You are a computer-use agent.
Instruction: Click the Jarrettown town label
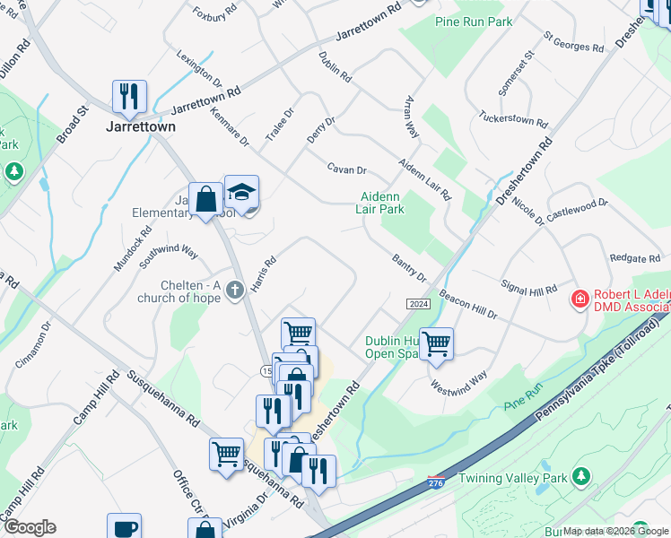coord(142,126)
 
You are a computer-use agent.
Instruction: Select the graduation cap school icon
coord(241,192)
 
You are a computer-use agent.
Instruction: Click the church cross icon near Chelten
coord(235,290)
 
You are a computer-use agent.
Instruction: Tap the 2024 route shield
coord(418,305)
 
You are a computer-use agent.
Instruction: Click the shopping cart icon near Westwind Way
coord(436,343)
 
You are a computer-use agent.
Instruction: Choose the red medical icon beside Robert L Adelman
coord(580,297)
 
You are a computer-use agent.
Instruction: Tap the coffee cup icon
coord(125,527)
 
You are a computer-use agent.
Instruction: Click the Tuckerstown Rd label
coord(512,119)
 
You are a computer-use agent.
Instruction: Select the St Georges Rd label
coord(574,40)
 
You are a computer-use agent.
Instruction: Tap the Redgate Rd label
coord(634,258)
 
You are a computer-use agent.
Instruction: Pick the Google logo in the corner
coord(29,527)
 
